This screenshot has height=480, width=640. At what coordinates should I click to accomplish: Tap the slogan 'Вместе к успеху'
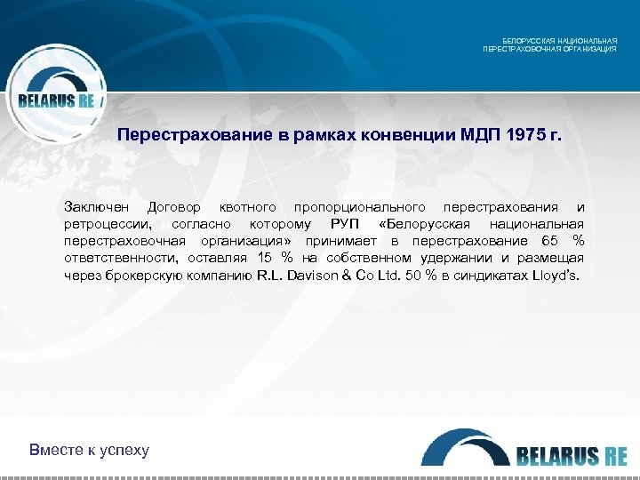[x=89, y=449]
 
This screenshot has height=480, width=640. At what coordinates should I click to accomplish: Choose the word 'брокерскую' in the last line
[x=147, y=276]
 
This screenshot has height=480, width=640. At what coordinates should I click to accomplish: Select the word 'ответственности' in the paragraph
[x=120, y=258]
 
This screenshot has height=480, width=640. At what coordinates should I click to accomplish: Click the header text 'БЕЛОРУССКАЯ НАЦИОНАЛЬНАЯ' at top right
[x=560, y=41]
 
